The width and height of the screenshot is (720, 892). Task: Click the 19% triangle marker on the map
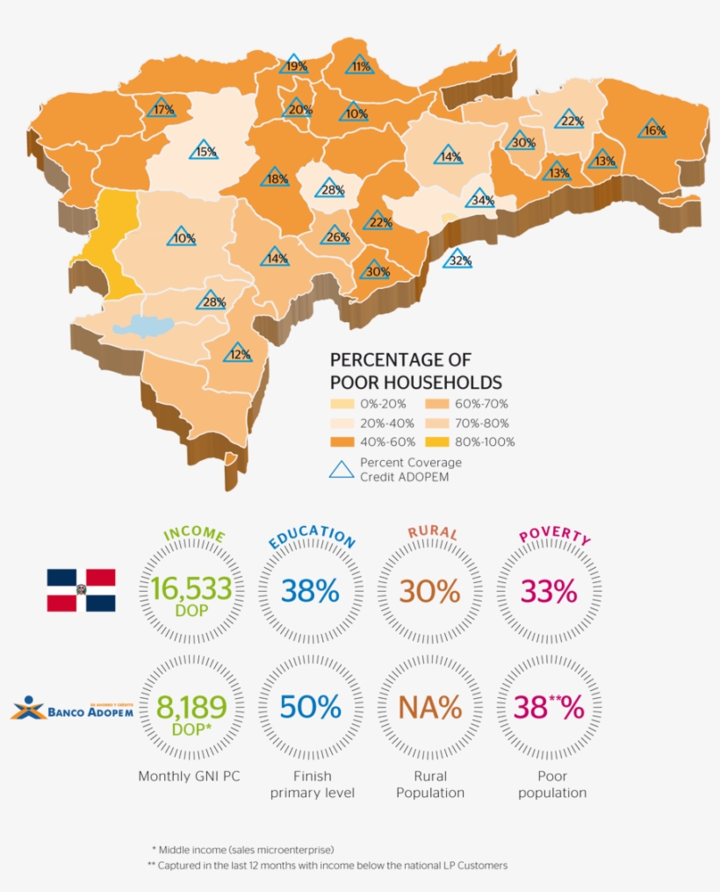click(294, 65)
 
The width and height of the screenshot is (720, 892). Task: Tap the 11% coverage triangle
click(360, 65)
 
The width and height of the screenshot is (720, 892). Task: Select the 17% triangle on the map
click(162, 109)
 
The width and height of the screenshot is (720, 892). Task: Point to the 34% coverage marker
click(480, 199)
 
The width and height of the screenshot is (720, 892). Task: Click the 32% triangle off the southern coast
click(457, 259)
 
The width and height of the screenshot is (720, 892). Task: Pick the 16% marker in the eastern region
click(652, 129)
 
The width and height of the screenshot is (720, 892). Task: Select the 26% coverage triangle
click(335, 236)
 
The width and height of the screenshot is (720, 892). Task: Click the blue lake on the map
click(145, 327)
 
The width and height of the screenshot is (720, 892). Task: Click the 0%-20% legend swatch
click(342, 404)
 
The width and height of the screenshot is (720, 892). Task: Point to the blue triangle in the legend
click(342, 468)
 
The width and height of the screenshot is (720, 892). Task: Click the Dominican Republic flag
click(81, 590)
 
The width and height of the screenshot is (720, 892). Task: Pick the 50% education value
click(310, 708)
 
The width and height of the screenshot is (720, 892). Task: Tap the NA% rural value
click(429, 708)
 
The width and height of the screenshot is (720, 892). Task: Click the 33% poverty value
click(549, 592)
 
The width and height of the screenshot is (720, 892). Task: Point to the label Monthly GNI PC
click(190, 776)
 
